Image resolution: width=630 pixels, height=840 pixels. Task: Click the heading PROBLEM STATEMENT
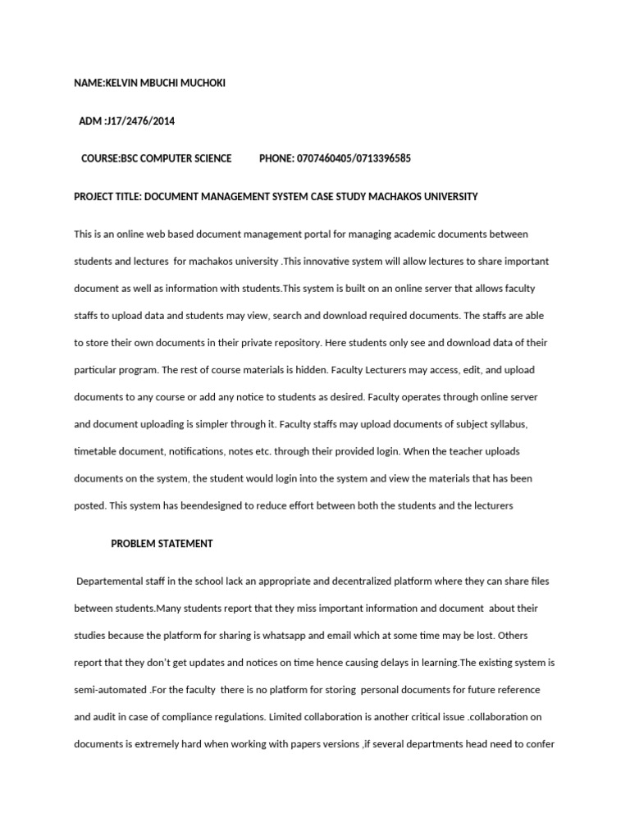tap(162, 543)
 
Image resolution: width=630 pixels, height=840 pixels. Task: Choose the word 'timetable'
tap(96, 452)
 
